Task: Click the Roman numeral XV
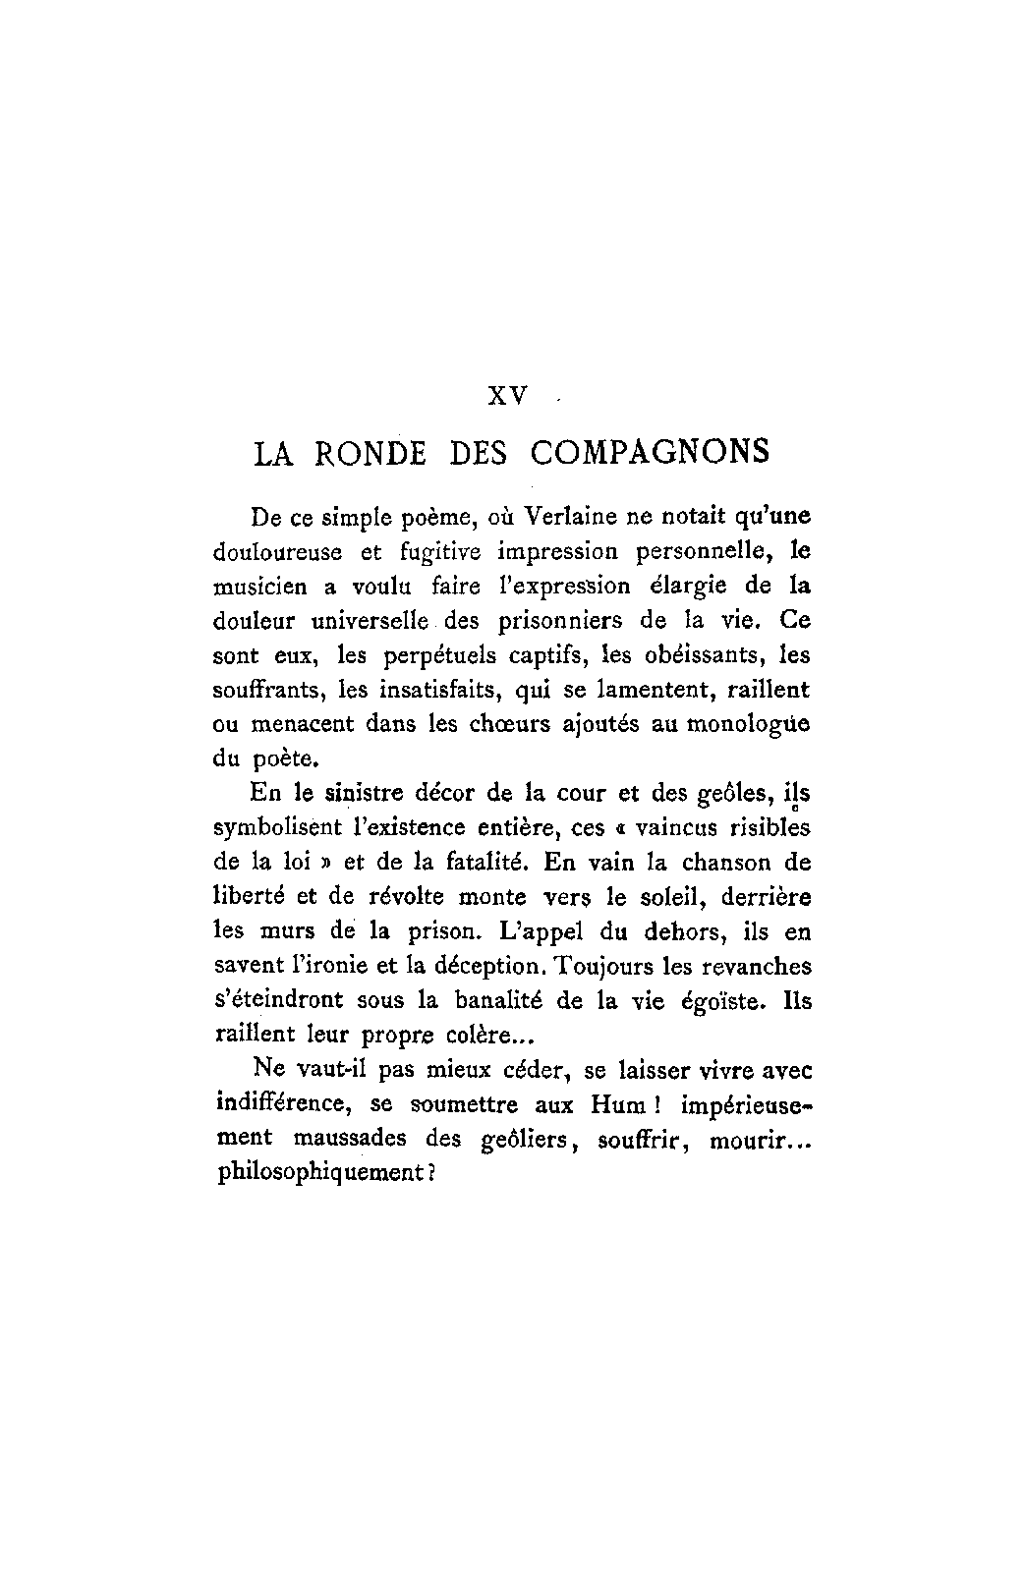pos(509,396)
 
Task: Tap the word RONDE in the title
pos(370,453)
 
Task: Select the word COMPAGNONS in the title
pos(650,453)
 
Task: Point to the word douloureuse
pos(277,551)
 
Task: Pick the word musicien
pos(259,587)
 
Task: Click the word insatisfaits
pos(450,689)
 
